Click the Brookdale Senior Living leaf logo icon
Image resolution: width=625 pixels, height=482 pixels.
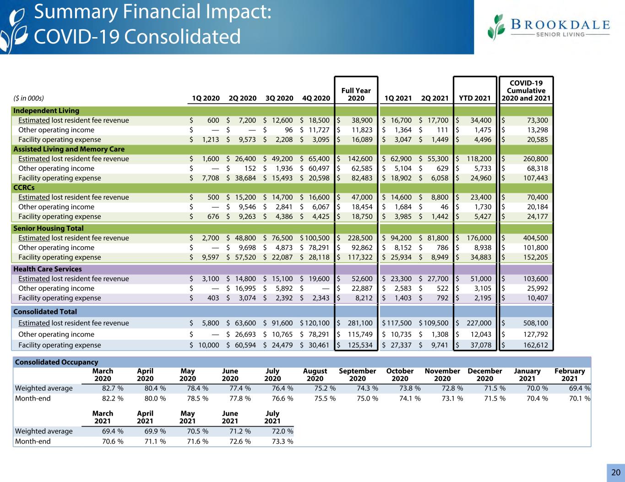[496, 27]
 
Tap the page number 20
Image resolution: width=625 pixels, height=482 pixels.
[616, 472]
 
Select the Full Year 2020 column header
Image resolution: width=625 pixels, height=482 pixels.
[356, 94]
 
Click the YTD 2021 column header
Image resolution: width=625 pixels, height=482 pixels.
[474, 98]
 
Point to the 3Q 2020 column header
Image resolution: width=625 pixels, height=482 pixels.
[279, 98]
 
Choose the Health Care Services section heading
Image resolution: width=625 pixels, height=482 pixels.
[48, 269]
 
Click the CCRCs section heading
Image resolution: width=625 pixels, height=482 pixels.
[24, 187]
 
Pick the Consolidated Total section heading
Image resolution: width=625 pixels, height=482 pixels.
[45, 312]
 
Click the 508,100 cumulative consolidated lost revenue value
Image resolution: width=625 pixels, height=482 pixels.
[535, 323]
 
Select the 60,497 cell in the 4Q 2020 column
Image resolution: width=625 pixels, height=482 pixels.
[319, 168]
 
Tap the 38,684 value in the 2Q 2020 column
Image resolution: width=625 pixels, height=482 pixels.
[245, 178]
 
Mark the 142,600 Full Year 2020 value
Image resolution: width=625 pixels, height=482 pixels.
[360, 159]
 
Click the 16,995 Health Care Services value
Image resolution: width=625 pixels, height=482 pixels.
[245, 288]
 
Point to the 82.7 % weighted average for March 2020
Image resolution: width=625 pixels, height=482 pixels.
[113, 388]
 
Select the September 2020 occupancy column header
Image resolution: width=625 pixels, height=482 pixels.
[357, 375]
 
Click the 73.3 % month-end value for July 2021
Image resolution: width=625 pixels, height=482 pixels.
[283, 441]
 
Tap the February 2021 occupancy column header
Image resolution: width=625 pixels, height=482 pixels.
[570, 375]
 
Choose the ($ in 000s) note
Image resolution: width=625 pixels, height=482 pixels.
[28, 98]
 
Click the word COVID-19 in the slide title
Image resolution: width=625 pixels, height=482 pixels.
[77, 37]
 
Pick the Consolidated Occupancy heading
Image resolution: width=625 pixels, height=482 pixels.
[56, 362]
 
